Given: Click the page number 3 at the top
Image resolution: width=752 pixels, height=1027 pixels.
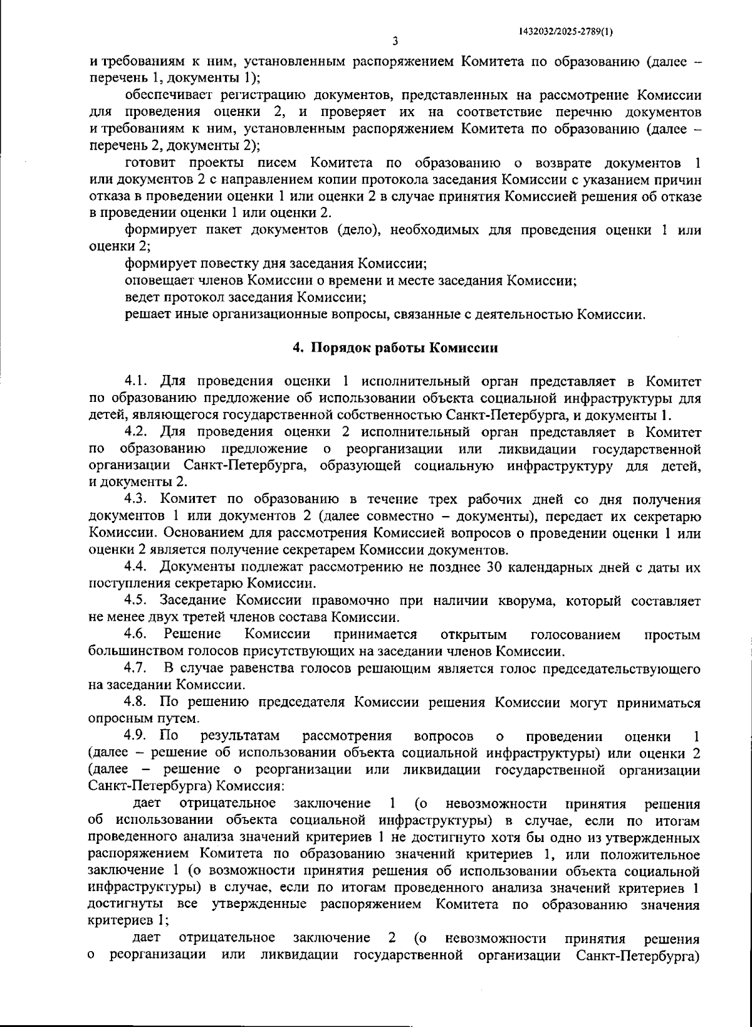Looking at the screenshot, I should pos(394,43).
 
